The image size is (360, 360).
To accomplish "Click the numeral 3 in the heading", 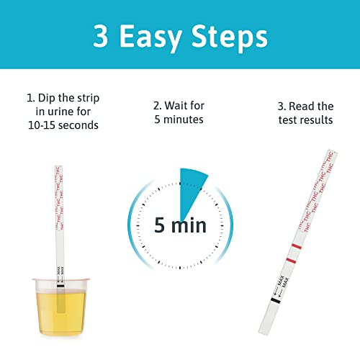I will pyautogui.click(x=102, y=35).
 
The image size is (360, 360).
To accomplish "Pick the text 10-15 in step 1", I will pyautogui.click(x=47, y=124).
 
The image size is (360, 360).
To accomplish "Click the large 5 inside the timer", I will pyautogui.click(x=161, y=225).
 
